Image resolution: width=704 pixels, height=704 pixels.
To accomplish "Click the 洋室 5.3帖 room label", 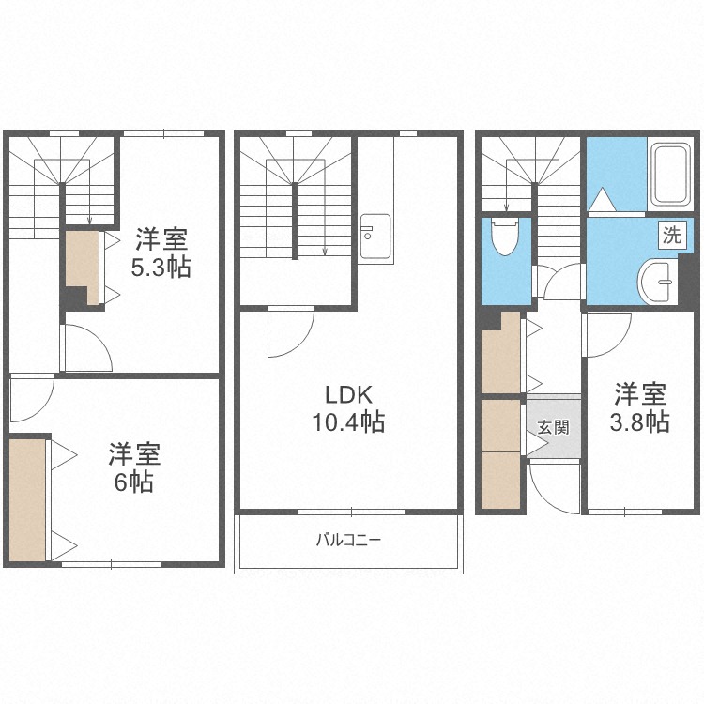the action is click(x=161, y=253).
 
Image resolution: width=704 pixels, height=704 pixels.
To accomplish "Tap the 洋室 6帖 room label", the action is click(x=134, y=467).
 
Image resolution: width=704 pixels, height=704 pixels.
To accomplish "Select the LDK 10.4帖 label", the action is click(x=348, y=409).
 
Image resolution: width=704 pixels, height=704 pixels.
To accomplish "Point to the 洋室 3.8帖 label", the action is click(x=640, y=407).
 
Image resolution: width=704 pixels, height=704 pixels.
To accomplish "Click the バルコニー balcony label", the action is click(x=348, y=539).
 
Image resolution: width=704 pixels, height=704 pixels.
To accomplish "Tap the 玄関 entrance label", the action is click(x=554, y=427).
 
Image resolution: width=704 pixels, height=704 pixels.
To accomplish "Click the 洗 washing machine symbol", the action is click(x=672, y=235).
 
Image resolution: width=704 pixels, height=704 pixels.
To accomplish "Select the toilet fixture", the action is click(x=505, y=237).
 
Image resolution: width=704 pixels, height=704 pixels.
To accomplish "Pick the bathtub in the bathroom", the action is click(x=672, y=175).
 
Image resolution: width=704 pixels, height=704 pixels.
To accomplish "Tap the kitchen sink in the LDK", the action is click(x=375, y=237).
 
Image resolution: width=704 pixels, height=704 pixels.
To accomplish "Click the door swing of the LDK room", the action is click(x=291, y=332).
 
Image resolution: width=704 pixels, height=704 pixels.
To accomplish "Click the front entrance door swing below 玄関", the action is click(x=555, y=488).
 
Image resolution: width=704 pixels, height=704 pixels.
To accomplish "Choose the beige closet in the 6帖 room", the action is click(x=27, y=500).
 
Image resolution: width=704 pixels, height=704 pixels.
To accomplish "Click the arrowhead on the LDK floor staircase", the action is click(x=325, y=252).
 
